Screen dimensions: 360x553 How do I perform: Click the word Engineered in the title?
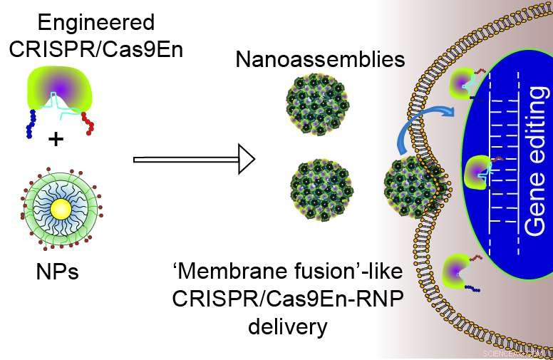(x=95, y=22)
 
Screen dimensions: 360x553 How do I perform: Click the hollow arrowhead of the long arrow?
(x=246, y=160)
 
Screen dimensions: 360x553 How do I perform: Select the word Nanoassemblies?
(x=320, y=59)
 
